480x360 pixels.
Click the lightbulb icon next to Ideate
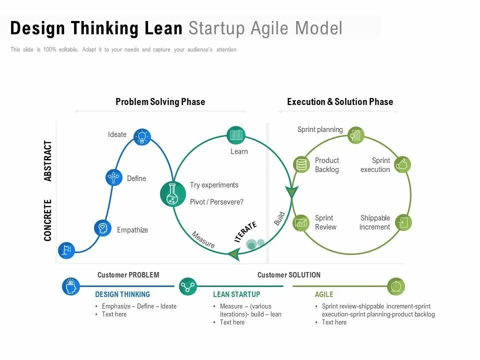(142, 136)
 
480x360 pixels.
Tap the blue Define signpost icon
(114, 177)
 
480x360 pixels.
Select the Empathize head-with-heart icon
(103, 228)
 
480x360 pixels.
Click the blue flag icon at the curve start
(66, 250)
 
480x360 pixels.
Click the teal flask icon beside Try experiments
(173, 194)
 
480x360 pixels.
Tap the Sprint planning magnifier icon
(355, 135)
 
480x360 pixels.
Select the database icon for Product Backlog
(301, 164)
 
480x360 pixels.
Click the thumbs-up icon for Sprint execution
(402, 164)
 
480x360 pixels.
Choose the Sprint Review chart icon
(301, 222)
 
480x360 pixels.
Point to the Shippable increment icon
(403, 222)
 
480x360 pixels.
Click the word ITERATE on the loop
(245, 232)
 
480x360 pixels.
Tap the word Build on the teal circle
(279, 218)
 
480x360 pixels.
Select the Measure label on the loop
(203, 239)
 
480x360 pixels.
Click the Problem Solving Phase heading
(160, 102)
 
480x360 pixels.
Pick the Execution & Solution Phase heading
(340, 102)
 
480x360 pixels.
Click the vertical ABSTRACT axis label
(48, 161)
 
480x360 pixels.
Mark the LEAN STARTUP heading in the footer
(236, 294)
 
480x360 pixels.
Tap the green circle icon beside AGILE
(396, 286)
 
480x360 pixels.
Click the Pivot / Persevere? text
(216, 202)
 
